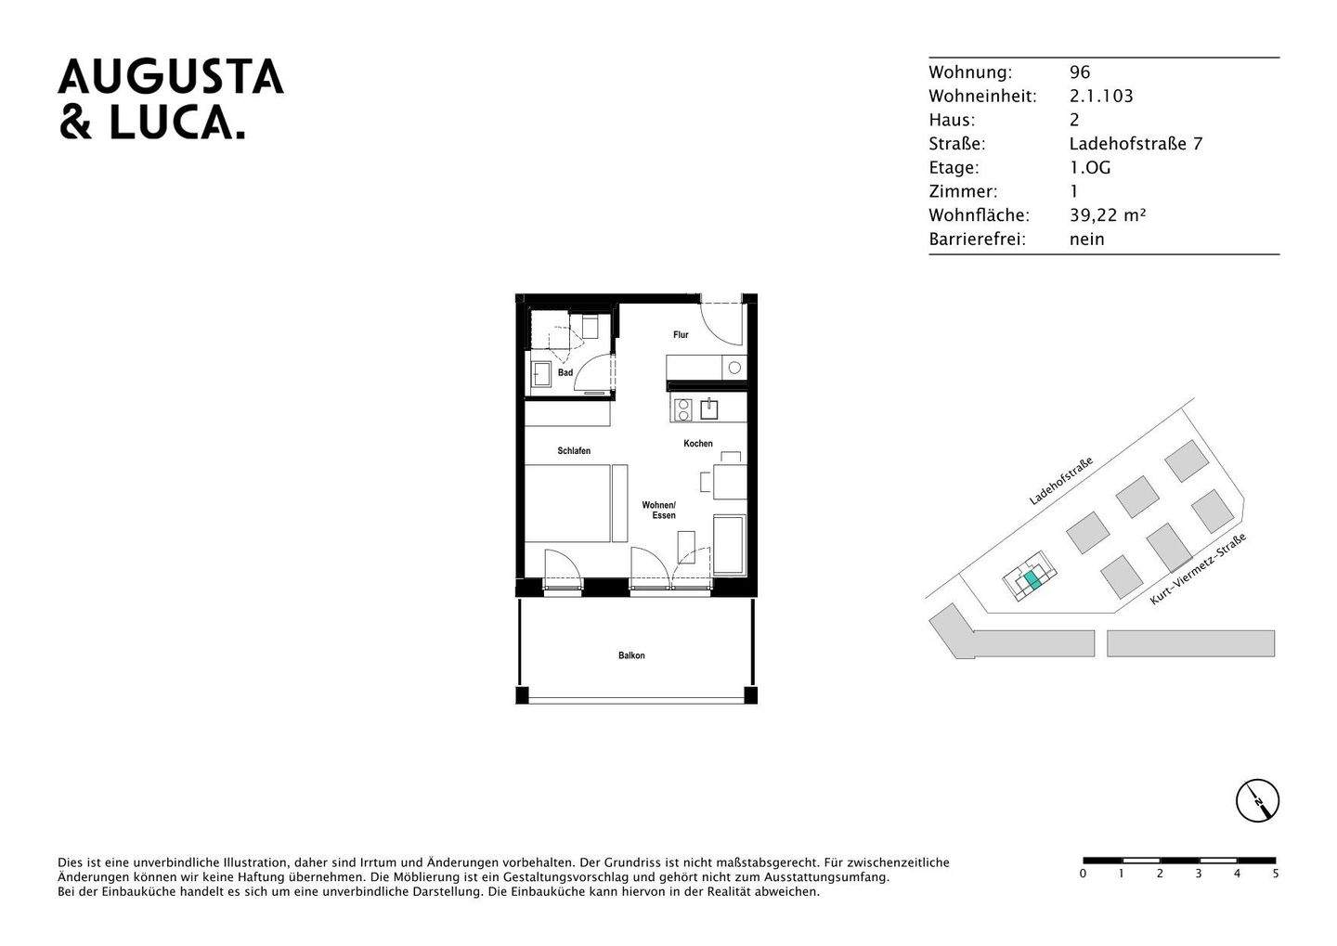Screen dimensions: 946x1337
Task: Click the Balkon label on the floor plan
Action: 631,655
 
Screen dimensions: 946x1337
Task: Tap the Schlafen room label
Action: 574,451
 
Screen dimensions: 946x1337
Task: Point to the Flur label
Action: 681,335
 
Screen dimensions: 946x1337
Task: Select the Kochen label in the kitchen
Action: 698,444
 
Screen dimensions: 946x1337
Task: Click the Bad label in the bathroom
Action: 565,373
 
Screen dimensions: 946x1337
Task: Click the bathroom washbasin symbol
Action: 540,374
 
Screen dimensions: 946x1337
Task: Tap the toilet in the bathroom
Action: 590,327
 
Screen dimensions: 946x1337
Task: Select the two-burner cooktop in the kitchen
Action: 682,409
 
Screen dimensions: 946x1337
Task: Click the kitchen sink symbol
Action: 710,408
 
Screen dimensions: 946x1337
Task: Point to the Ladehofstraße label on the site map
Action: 1060,481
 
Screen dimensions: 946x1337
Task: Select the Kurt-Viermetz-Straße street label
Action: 1198,569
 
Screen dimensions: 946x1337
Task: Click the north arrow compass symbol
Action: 1257,800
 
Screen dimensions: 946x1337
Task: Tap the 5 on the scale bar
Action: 1276,874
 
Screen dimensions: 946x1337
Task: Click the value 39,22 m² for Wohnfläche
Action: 1108,215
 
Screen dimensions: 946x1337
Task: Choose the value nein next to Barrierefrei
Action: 1087,240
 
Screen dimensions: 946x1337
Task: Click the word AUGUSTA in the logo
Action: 171,78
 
